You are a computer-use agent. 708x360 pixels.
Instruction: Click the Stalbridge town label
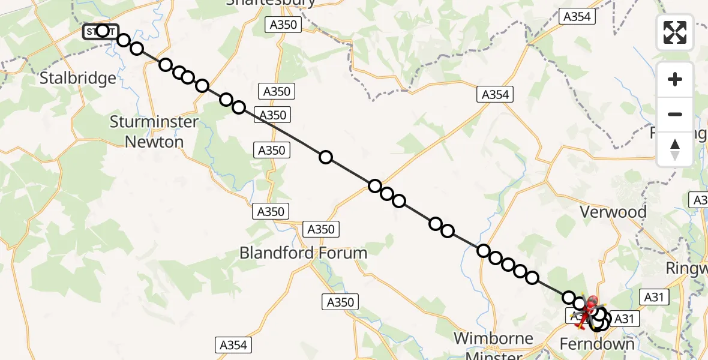(77, 78)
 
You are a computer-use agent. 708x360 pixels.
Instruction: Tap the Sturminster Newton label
(154, 132)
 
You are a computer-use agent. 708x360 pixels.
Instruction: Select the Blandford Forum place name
(303, 253)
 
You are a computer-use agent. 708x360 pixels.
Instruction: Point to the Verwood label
(613, 212)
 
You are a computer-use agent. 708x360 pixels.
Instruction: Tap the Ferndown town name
(596, 344)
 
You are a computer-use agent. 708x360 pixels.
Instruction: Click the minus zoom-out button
(675, 114)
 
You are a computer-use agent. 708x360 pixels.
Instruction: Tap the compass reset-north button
(675, 149)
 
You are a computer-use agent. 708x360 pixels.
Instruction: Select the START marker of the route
(101, 31)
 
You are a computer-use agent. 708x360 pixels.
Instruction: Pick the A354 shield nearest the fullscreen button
(577, 17)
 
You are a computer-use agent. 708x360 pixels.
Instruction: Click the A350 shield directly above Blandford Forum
(320, 229)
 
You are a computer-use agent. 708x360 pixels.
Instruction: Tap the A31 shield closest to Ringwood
(656, 296)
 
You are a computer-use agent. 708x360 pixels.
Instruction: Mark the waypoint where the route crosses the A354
(375, 185)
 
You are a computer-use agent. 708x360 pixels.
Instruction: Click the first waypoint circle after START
(124, 40)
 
